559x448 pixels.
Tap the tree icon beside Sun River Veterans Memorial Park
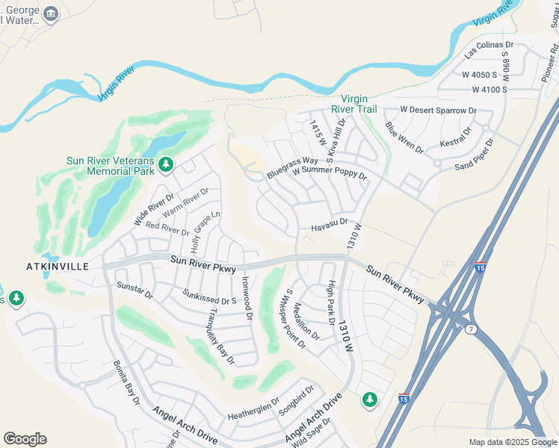(166, 164)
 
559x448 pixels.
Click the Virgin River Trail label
(359, 104)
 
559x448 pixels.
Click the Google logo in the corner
(25, 439)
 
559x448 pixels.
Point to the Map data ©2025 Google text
(512, 442)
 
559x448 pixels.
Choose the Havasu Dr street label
(329, 223)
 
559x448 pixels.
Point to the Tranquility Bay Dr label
(222, 337)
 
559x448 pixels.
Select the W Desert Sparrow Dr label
(438, 110)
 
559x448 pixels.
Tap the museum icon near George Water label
(51, 14)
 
